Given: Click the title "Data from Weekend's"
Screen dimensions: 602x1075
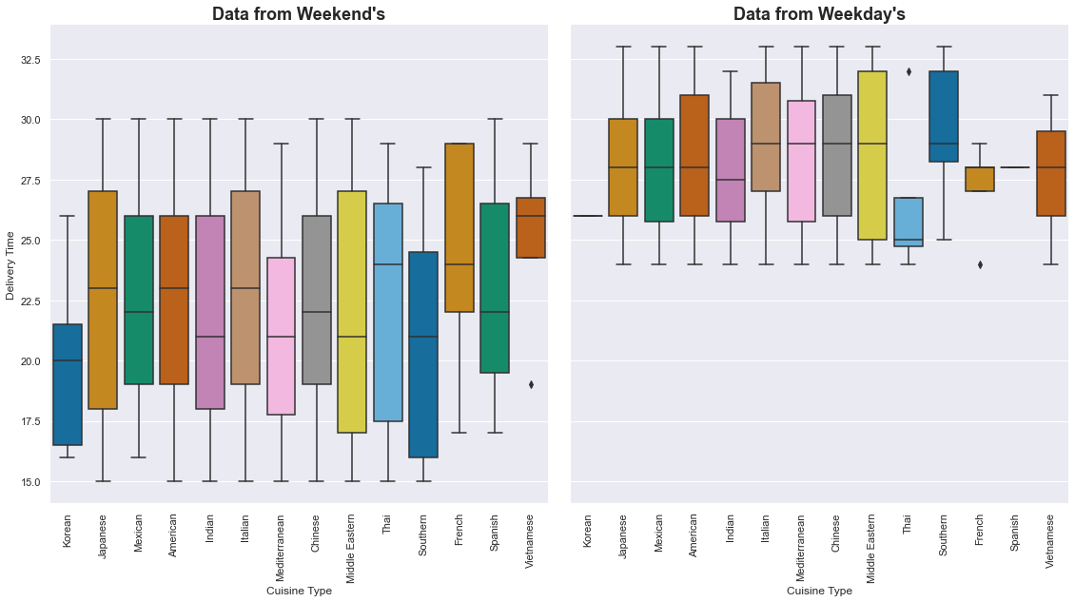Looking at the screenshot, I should click(x=298, y=14).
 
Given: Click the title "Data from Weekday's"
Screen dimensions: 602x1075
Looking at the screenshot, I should click(x=818, y=14).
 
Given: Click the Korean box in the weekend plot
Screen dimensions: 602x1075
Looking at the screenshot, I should click(x=67, y=384).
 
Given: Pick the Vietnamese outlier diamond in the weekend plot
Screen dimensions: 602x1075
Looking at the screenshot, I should click(x=531, y=384).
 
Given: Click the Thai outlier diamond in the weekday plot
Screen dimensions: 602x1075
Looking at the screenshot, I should click(x=909, y=71).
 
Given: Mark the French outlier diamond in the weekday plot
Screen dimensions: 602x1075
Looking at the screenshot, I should click(x=980, y=264).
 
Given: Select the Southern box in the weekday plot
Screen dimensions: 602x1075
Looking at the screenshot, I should click(x=944, y=116).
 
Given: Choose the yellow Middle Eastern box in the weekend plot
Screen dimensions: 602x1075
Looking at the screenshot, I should click(x=352, y=312).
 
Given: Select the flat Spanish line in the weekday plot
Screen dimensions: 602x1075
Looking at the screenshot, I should click(x=1015, y=167).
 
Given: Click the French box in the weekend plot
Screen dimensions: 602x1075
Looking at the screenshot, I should click(x=459, y=227).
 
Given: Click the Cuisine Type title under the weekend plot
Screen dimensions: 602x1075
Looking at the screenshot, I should click(x=298, y=591).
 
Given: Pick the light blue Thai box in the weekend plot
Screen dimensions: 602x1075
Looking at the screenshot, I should click(x=388, y=312).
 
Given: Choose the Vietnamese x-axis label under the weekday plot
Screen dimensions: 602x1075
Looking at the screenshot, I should click(x=1051, y=542).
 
